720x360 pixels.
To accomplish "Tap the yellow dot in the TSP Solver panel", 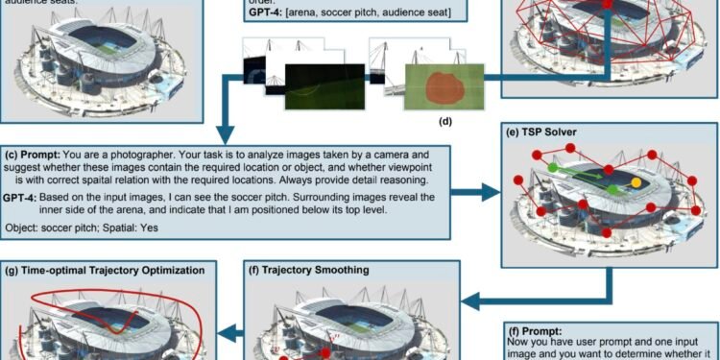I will coord(636,181).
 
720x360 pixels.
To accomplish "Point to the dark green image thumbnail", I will coord(316,82).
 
